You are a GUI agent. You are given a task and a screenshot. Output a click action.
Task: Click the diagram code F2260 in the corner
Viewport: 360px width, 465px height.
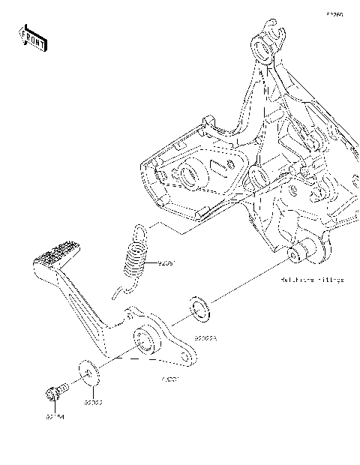tap(334, 14)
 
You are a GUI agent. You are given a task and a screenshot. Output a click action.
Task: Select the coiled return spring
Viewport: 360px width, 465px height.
tap(136, 255)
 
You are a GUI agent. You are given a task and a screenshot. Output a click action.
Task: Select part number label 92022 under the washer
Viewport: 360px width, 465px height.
tap(92, 403)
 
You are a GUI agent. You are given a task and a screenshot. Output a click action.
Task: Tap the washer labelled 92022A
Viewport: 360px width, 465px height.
tap(199, 308)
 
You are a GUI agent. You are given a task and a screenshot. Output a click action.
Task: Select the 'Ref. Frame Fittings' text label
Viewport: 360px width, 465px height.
tap(312, 280)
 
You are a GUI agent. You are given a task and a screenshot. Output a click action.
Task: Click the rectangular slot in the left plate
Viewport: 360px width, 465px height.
tap(221, 163)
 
